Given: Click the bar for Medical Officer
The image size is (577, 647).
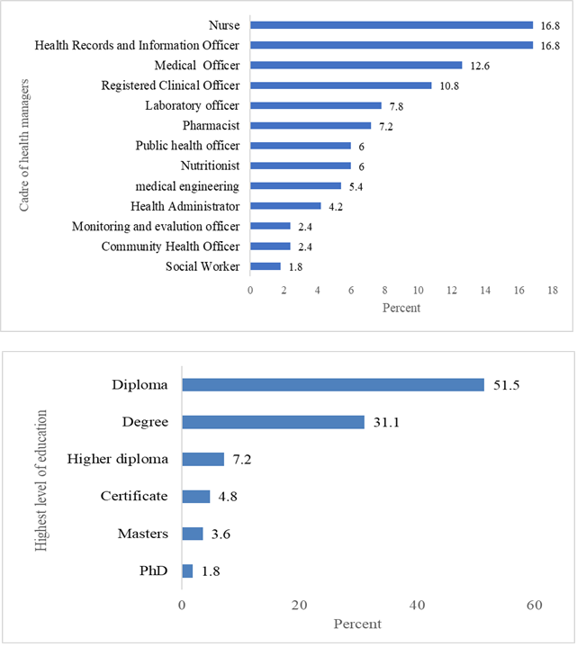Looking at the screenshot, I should point(356,65).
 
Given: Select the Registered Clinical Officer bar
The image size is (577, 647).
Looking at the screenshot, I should point(340,85).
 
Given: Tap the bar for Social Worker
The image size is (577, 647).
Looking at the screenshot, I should point(265,265).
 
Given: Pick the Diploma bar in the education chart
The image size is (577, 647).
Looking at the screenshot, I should point(333,385).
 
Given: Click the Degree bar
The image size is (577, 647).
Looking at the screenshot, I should point(273,422).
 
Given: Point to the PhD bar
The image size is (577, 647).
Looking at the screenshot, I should point(187,571).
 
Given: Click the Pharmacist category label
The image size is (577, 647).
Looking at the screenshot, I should point(211,125).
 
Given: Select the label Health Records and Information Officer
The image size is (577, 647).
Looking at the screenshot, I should point(137,45).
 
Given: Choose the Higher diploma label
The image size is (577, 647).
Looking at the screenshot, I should point(118,460).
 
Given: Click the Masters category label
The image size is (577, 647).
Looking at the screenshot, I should point(143,534).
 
